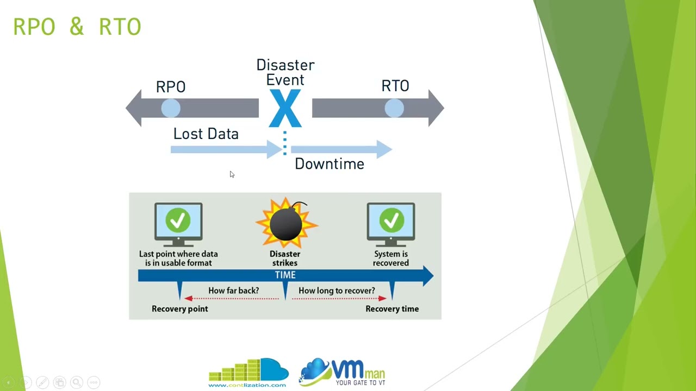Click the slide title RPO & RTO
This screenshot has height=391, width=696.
(77, 27)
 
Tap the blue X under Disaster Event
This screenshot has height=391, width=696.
(285, 109)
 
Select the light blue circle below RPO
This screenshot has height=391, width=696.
(171, 109)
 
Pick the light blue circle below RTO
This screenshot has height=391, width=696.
(394, 109)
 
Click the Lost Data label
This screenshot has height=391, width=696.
(206, 134)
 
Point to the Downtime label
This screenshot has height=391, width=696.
(329, 164)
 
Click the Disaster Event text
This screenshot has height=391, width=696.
(285, 73)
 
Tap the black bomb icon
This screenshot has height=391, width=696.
(286, 224)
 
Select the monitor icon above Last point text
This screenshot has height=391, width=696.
(178, 223)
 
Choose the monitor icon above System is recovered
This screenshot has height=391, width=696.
(391, 223)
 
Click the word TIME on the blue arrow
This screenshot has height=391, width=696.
(285, 275)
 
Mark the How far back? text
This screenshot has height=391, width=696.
(233, 291)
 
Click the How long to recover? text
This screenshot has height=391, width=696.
(337, 291)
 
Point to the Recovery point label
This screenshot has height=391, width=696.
(179, 309)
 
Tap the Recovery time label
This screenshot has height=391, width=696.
(391, 309)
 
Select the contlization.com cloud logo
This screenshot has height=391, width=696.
(248, 372)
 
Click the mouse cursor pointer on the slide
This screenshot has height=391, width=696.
(232, 174)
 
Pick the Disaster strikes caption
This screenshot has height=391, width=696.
(285, 258)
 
